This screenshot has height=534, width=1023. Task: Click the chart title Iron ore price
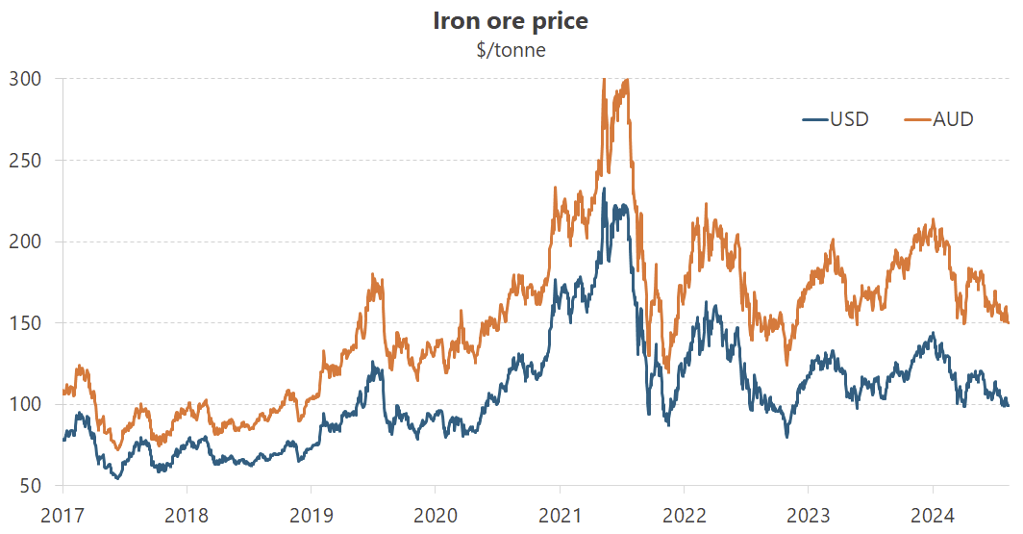pyautogui.click(x=511, y=21)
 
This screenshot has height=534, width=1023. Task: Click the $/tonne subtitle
pyautogui.click(x=511, y=50)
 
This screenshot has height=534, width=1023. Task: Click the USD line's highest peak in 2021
pyautogui.click(x=604, y=189)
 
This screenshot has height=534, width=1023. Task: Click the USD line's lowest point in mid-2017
pyautogui.click(x=118, y=477)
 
